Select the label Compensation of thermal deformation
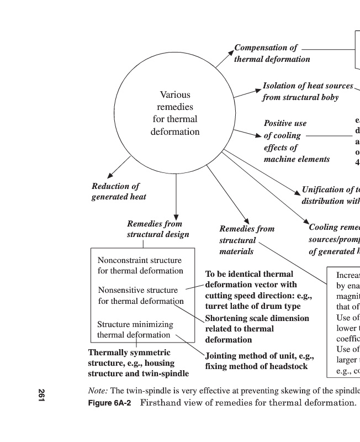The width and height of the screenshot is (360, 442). coord(272,54)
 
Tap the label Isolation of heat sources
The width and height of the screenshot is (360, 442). coord(308,86)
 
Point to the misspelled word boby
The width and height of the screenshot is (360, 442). coord(328,98)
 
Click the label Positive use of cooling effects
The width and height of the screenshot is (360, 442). coord(296,141)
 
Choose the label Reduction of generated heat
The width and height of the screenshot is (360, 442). coord(118,191)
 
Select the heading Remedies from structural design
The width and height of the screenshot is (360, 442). coord(158,229)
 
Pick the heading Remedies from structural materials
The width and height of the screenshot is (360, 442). coord(246,240)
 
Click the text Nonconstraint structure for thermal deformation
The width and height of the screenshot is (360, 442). coord(140,265)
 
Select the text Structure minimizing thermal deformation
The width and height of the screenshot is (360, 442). coord(135,329)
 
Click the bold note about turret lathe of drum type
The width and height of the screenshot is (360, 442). coord(258,290)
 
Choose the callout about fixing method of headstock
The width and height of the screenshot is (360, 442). coord(256,361)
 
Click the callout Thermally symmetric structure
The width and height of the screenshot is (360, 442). coord(138,363)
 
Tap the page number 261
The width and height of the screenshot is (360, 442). coord(41,395)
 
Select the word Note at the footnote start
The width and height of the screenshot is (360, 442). coord(98,391)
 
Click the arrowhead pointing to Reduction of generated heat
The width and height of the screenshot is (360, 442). coord(110,176)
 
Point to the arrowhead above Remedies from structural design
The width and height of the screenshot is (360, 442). coord(176,215)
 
